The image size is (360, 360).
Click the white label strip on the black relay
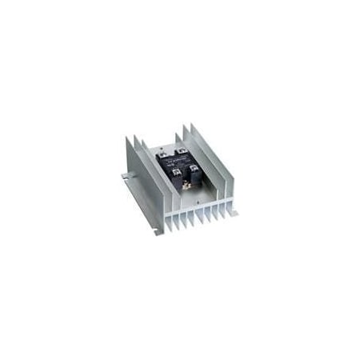pyautogui.click(x=178, y=160)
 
